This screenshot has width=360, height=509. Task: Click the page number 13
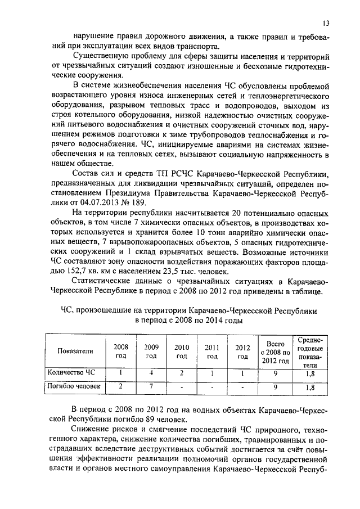coord(326,23)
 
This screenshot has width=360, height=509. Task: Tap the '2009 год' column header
coord(151,351)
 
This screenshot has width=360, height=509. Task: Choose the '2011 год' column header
coord(211,351)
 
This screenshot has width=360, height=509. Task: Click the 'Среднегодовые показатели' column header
coord(310,351)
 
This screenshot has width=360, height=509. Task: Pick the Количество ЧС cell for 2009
coord(151,372)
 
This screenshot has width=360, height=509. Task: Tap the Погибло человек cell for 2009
coord(151,386)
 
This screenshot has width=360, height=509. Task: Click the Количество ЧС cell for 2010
coord(181,372)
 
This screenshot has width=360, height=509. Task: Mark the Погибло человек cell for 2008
coord(121,386)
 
